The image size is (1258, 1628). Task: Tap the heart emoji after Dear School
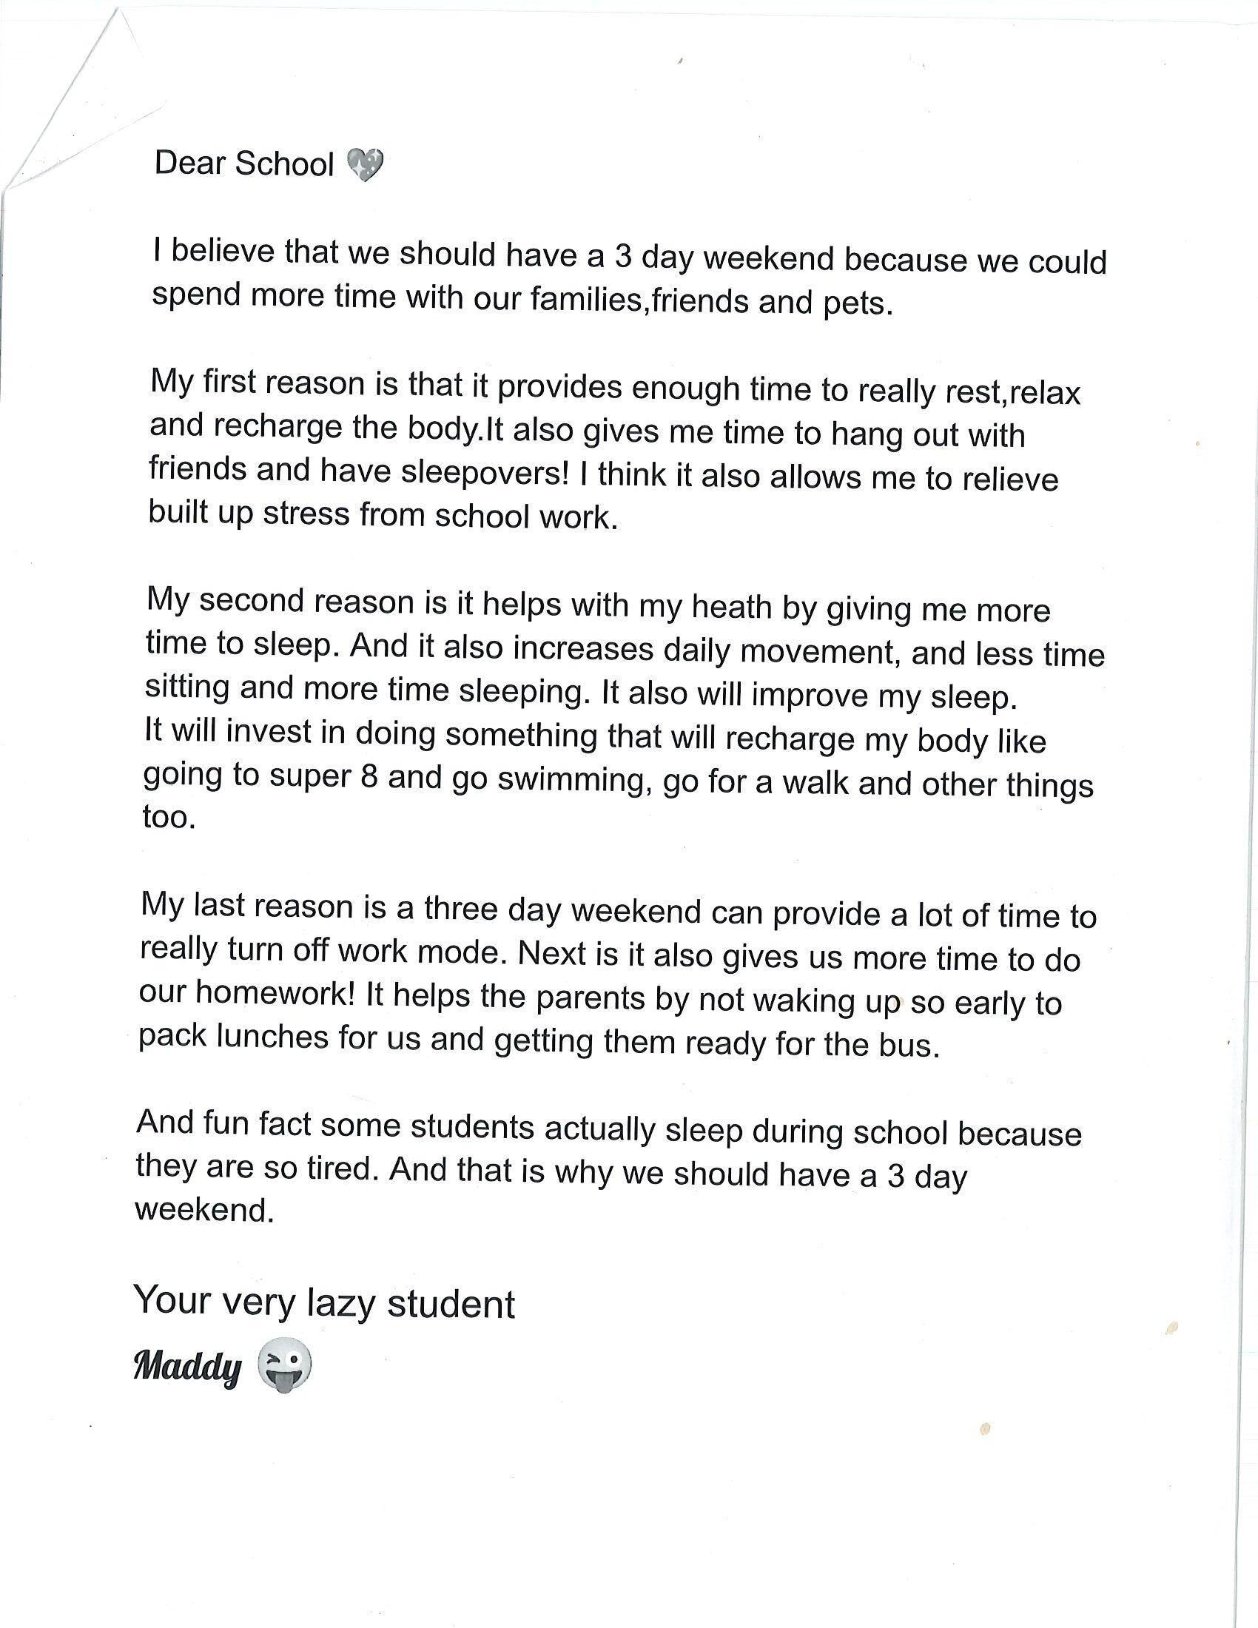365,166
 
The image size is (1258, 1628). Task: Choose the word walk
816,783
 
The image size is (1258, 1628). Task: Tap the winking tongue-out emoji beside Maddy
284,1366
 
